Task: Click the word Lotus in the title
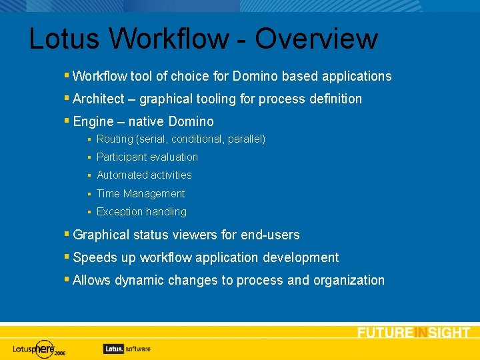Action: pos(65,39)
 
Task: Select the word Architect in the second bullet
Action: pos(98,99)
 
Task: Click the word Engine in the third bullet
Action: pos(93,121)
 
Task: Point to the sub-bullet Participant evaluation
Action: pos(147,157)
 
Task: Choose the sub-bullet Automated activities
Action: pos(144,175)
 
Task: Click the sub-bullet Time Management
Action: pos(141,194)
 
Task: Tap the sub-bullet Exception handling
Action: pos(141,212)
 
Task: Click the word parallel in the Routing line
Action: pos(244,139)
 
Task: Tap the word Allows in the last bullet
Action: pos(92,280)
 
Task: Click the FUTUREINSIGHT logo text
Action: pos(413,333)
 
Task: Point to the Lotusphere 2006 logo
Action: pos(40,348)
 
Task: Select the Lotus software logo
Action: pos(127,348)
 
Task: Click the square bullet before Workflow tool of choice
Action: pos(67,75)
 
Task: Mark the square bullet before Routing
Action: pos(89,139)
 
